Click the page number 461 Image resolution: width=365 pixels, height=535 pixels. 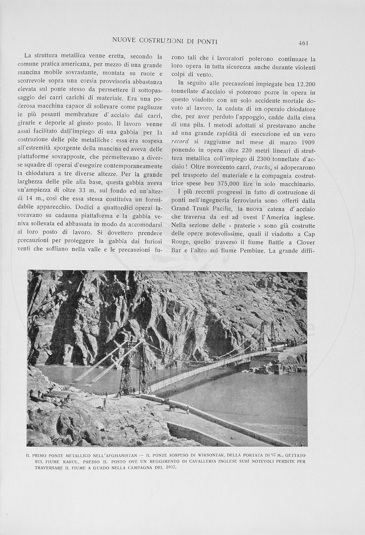(x=303, y=43)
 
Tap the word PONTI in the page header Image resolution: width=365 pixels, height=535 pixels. (x=206, y=41)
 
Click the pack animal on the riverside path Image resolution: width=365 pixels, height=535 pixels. (x=172, y=407)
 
